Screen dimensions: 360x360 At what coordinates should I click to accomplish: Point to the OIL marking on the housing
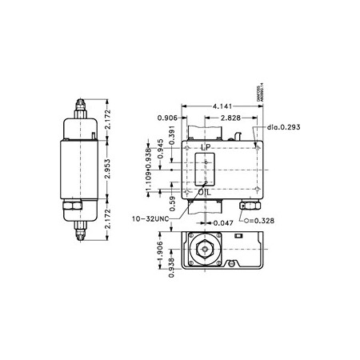tap(207, 191)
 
